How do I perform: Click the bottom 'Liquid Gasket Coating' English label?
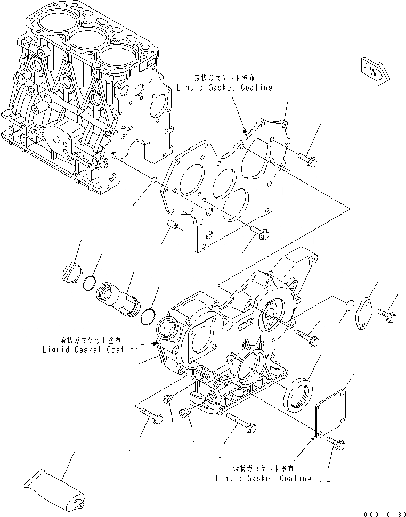pos(263,478)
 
